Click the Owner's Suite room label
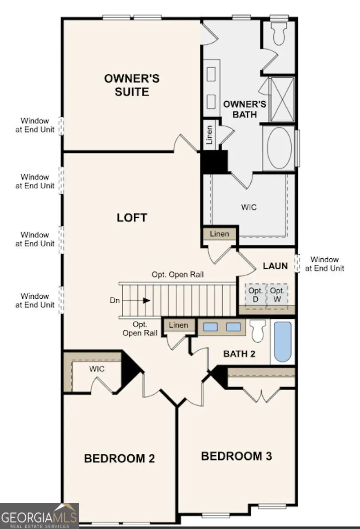click(x=132, y=85)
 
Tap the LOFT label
click(x=132, y=218)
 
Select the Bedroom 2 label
click(x=120, y=459)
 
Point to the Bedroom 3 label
click(x=236, y=456)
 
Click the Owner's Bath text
click(x=244, y=109)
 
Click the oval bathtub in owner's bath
click(x=280, y=148)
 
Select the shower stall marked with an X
click(x=282, y=100)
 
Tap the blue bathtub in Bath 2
click(x=282, y=342)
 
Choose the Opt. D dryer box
click(x=256, y=294)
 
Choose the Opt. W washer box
click(x=277, y=294)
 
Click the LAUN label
click(x=275, y=266)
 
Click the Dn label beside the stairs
click(x=114, y=301)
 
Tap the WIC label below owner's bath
click(x=249, y=207)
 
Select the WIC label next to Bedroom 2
click(x=96, y=369)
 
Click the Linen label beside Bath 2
click(x=178, y=325)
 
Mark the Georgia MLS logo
click(x=40, y=516)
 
